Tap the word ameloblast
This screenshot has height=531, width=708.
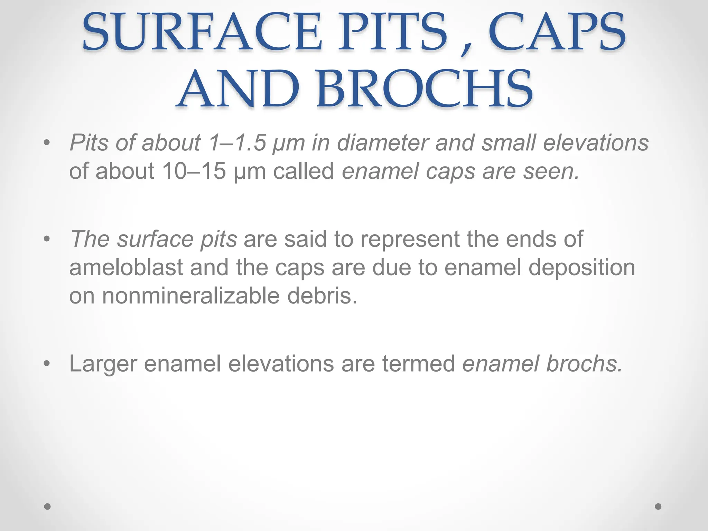click(x=126, y=268)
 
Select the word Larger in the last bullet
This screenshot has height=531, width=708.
click(x=103, y=364)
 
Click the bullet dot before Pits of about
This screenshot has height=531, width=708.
click(x=47, y=143)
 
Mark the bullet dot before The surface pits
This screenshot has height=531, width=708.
click(x=47, y=239)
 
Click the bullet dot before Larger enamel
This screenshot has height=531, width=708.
click(x=47, y=364)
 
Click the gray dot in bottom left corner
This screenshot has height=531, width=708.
click(x=48, y=506)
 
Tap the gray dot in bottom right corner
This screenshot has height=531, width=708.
click(x=658, y=506)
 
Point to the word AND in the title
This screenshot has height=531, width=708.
click(x=238, y=89)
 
